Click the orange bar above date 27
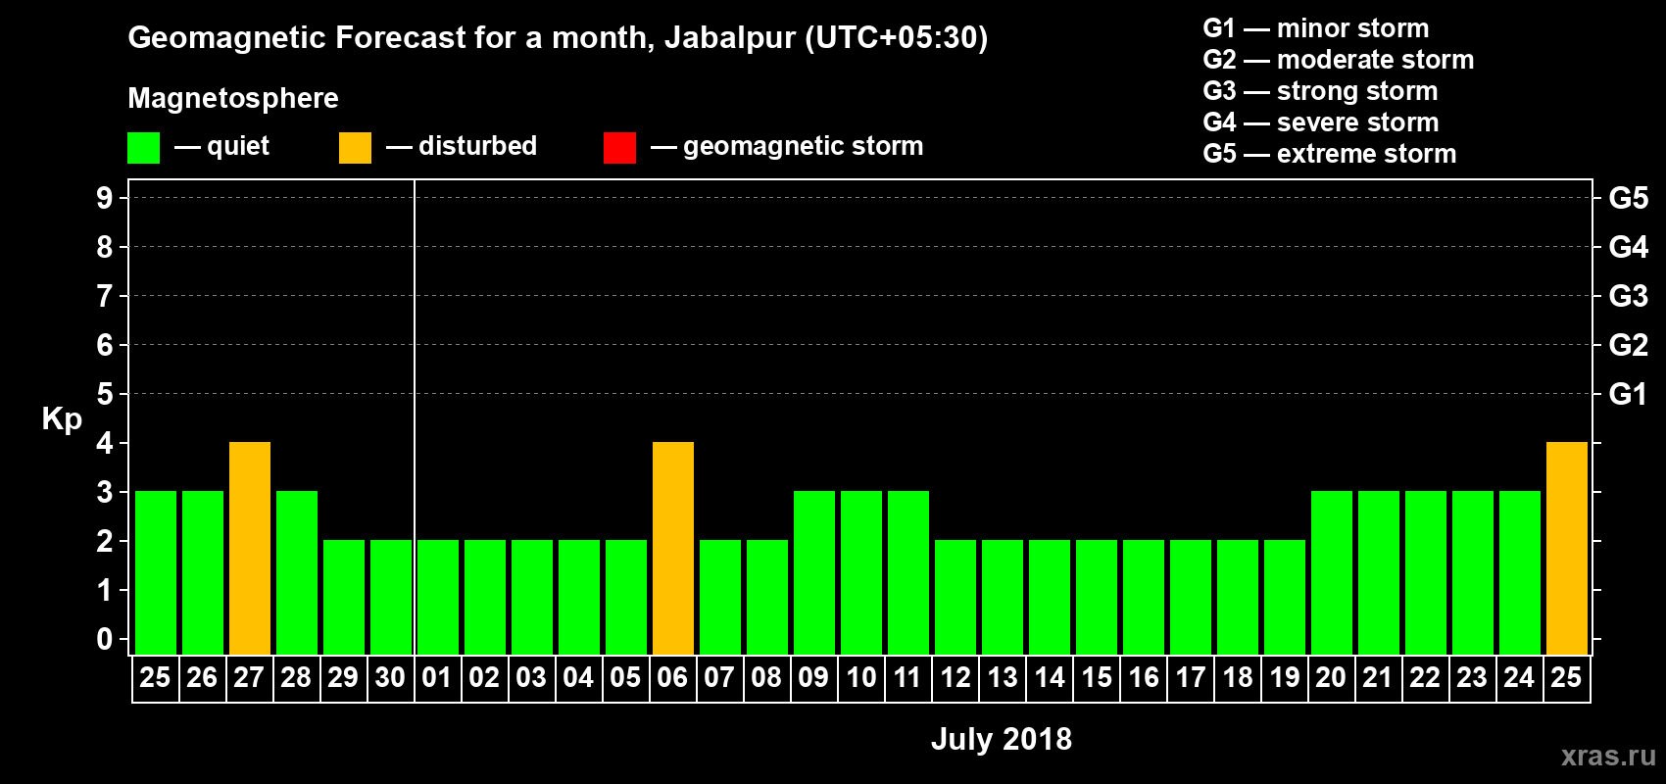250,548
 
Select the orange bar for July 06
673,548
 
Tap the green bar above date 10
861,572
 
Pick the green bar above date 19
1285,597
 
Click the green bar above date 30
391,597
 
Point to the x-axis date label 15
1097,677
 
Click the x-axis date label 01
437,677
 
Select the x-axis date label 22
1425,677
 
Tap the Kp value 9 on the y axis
105,198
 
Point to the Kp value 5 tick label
105,394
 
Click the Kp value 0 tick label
105,639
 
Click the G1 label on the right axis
1628,394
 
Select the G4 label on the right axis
1628,247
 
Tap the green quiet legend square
144,148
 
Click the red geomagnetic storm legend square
619,148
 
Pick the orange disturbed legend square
355,148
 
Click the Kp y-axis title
62,419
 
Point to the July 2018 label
1001,739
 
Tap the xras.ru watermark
1607,756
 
